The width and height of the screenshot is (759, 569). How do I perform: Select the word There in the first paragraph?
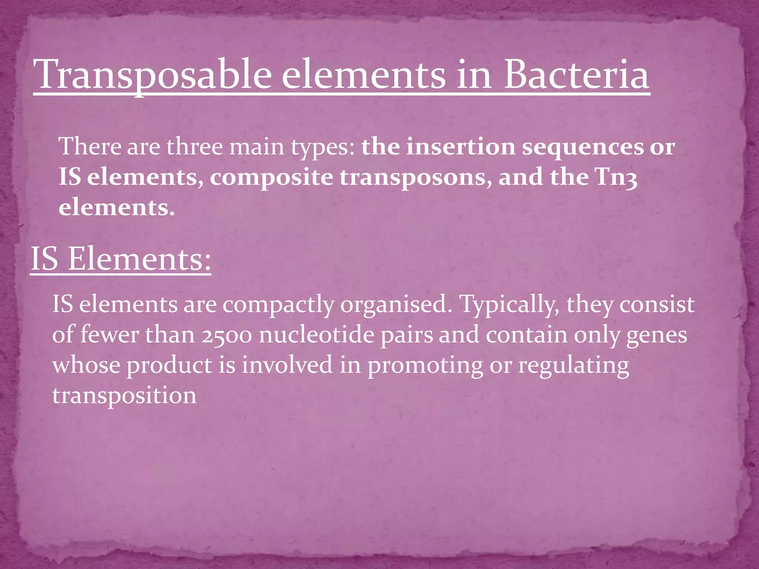[90, 147]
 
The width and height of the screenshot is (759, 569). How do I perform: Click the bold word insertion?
[461, 147]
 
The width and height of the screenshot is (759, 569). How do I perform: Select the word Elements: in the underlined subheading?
[139, 259]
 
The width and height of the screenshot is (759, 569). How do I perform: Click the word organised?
[396, 305]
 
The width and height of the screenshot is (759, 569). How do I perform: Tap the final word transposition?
[125, 396]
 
